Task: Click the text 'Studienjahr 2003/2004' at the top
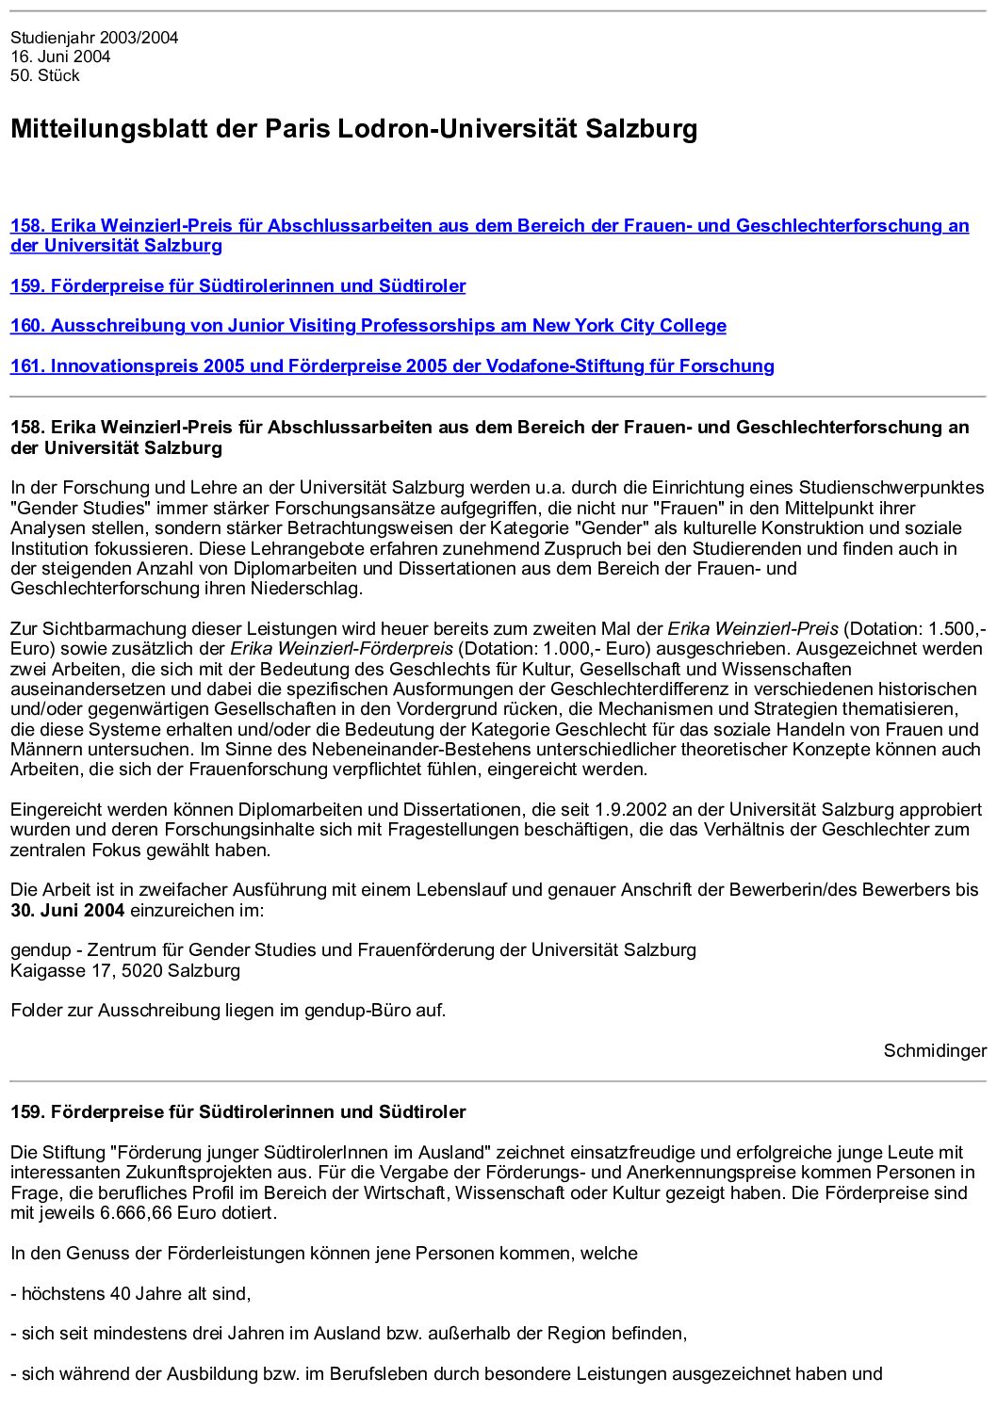94,38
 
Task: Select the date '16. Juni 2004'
60,57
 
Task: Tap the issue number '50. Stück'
45,75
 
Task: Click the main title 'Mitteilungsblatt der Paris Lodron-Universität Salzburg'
353,128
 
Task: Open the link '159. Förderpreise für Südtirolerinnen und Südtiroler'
237,285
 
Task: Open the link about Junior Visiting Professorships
368,326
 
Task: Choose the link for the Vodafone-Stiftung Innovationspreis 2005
392,366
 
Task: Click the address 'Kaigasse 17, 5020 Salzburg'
125,970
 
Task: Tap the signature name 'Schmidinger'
935,1050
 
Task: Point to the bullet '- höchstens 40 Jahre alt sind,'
131,1293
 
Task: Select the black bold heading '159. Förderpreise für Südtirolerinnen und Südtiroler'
237,1112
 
